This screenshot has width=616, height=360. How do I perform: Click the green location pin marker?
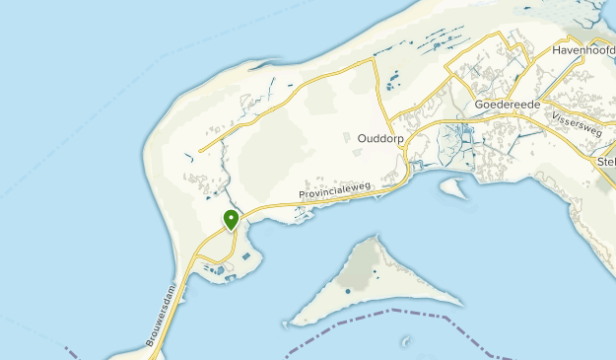click(231, 220)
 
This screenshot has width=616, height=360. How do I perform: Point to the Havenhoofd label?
click(578, 49)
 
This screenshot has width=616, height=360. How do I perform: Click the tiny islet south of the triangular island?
click(406, 342)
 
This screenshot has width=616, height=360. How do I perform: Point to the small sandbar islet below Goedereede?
click(453, 186)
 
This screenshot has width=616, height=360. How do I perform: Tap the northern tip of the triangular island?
click(374, 237)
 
